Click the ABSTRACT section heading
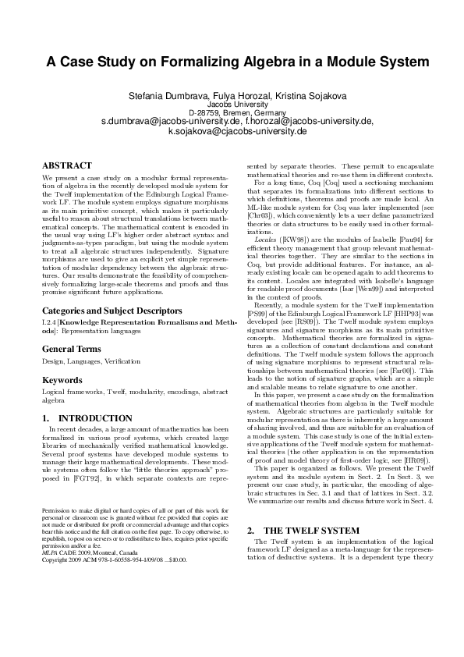coord(66,166)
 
